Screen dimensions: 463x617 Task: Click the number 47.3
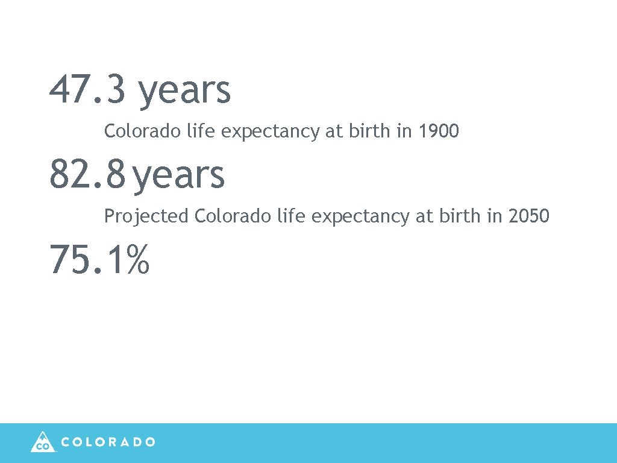point(88,89)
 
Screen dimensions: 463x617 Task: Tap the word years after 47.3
point(184,90)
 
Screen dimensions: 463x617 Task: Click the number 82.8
point(88,174)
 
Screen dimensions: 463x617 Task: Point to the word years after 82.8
point(179,175)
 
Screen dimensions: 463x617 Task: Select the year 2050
point(528,216)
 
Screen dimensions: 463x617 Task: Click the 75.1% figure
point(99,259)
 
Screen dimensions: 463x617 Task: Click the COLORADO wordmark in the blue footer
point(108,442)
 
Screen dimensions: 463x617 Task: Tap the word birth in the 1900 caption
point(369,131)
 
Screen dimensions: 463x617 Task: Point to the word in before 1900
point(403,131)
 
